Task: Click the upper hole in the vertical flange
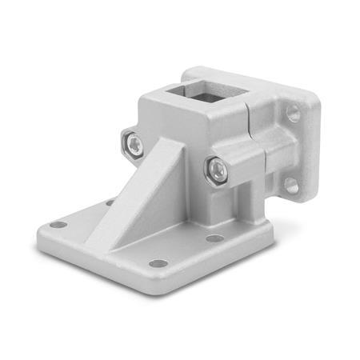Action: click(x=294, y=114)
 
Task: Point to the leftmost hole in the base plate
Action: click(x=58, y=225)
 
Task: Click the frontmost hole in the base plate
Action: click(x=159, y=263)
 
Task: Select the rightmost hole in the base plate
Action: click(x=214, y=238)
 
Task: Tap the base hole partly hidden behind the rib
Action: click(x=110, y=203)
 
